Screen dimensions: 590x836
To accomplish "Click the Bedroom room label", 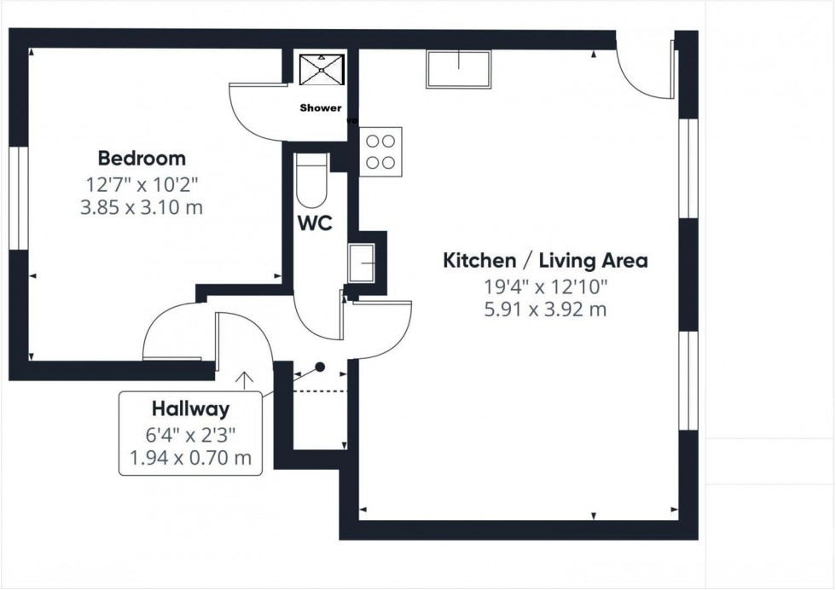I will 142,158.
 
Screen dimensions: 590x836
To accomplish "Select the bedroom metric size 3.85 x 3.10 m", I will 142,207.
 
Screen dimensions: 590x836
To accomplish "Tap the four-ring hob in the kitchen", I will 381,152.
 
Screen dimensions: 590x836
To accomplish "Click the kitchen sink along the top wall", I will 459,69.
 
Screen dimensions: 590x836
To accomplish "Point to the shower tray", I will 321,69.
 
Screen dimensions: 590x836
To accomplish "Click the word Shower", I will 321,108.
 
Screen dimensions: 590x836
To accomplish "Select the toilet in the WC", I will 311,182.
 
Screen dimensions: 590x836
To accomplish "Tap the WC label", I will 314,224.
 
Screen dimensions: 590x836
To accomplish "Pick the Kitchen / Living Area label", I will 544,261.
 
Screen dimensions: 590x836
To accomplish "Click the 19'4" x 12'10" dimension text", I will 544,286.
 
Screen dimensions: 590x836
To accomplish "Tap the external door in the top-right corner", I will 644,72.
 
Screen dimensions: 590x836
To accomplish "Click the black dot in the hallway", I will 321,367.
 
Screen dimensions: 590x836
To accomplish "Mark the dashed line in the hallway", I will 320,390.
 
